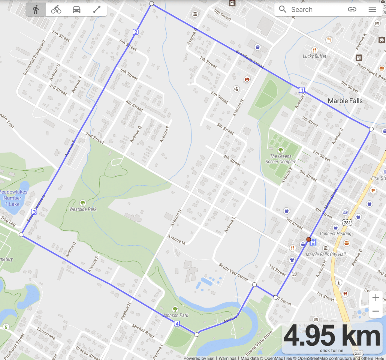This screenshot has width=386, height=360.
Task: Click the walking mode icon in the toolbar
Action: point(36,10)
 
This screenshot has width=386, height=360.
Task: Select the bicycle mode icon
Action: point(56,10)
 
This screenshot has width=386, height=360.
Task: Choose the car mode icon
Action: point(76,10)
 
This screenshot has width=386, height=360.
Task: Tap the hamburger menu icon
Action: point(372,10)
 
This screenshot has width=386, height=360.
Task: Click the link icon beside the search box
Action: point(352,10)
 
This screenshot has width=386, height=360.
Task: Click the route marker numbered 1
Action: point(302,90)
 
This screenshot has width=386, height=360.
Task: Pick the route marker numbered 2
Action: point(136,32)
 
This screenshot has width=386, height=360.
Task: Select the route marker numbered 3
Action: point(34,212)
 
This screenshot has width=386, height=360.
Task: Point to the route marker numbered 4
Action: point(177,324)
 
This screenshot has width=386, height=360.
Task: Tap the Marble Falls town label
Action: point(345,101)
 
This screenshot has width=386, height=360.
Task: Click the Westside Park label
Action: point(83,209)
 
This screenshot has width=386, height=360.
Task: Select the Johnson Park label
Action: point(175,315)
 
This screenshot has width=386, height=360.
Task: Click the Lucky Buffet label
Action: point(314,56)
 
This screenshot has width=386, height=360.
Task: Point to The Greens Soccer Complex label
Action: point(281,159)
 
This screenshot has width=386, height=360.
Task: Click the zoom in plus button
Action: point(376,298)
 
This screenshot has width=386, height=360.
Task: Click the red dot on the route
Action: point(308,239)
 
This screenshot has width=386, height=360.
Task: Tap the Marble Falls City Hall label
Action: point(326,254)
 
